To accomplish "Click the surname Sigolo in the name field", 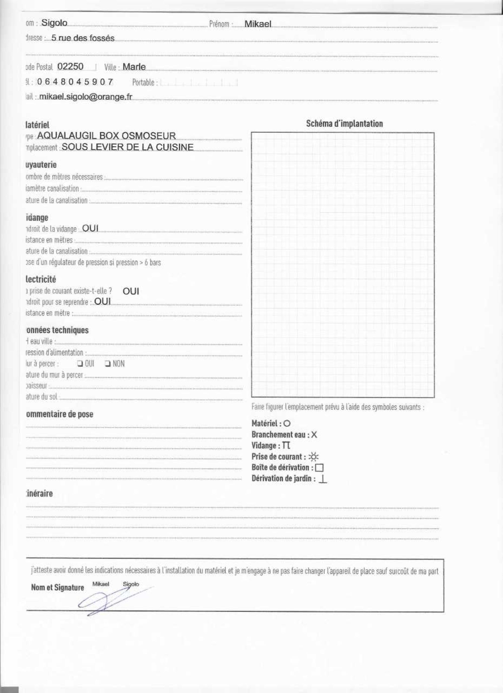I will [x=54, y=23].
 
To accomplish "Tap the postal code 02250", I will [x=70, y=67].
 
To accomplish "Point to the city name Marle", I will [x=134, y=67].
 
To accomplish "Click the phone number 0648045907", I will [x=75, y=82].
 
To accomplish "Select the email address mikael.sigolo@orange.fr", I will [x=86, y=97].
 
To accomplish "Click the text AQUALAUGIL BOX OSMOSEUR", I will [x=106, y=136].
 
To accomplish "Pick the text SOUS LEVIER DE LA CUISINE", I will [x=128, y=147].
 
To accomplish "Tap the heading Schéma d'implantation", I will [x=344, y=124].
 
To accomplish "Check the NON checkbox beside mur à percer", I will [x=107, y=363].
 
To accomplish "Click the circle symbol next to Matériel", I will [x=287, y=423].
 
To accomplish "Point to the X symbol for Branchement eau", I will [x=314, y=434].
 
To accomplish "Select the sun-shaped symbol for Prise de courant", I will [x=313, y=457].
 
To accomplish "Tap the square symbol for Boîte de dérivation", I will [x=319, y=468].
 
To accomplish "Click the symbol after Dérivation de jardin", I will [x=323, y=479].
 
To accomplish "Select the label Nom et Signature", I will [x=57, y=588].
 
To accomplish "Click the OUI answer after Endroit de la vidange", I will [x=90, y=228].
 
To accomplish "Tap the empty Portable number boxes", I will [x=199, y=83].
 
